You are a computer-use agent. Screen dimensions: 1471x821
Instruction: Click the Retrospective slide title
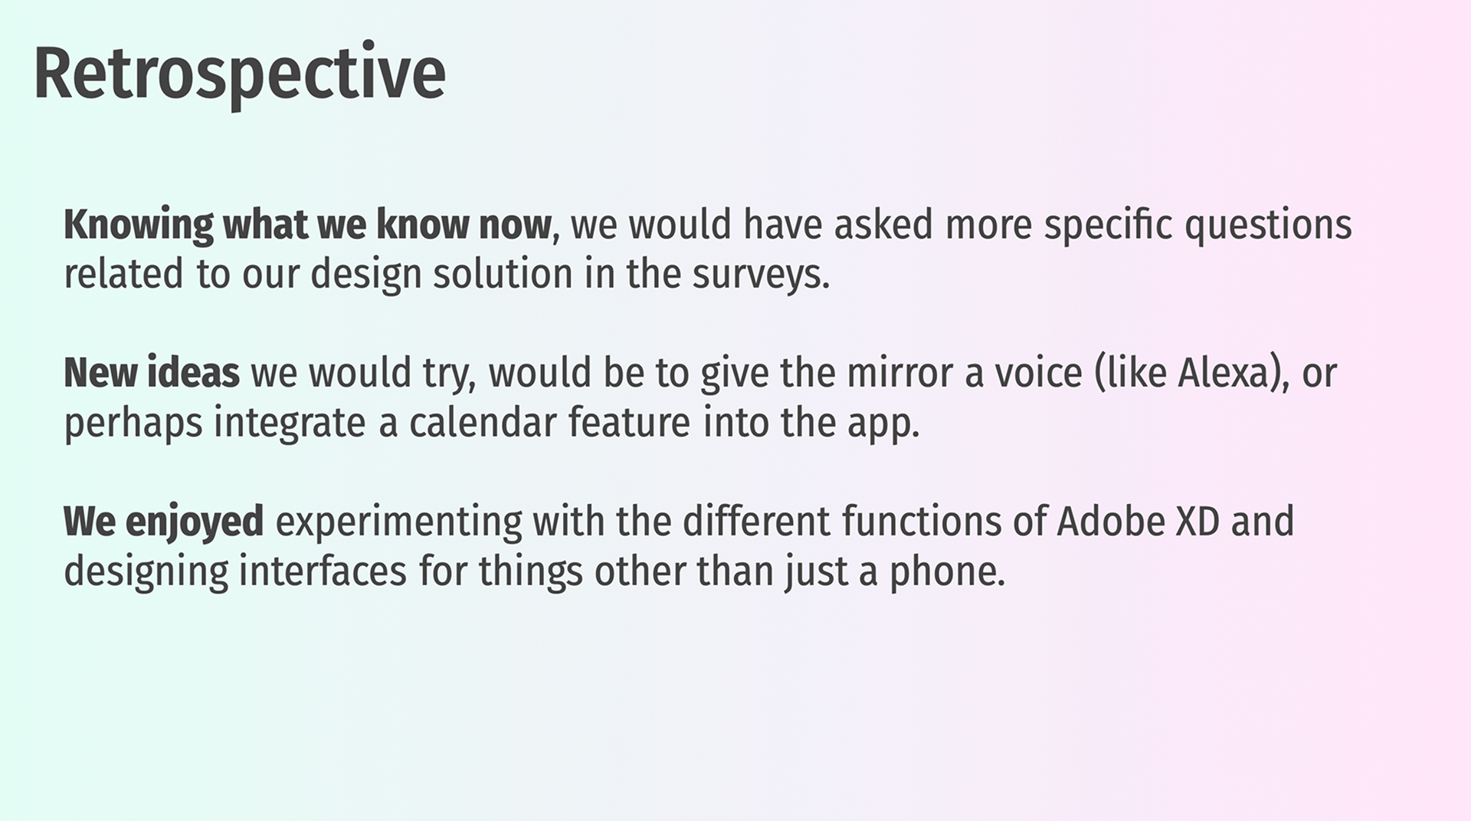click(239, 74)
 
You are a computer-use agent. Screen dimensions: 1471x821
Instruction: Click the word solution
click(503, 274)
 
